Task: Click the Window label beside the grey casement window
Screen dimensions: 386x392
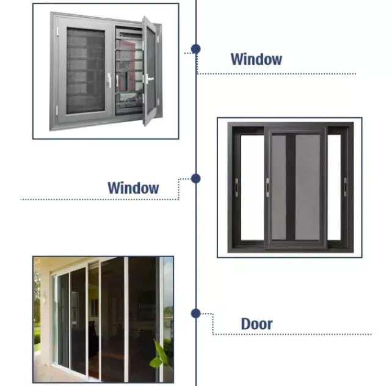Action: pos(256,59)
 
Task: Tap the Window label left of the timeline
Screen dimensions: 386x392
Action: pos(133,188)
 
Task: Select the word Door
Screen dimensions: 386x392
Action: pos(256,324)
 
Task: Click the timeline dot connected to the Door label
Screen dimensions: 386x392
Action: pos(195,313)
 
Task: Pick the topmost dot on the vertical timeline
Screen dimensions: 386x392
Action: pos(195,48)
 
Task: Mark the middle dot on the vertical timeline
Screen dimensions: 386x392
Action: pos(195,178)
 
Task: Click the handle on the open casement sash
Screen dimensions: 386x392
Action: pos(146,78)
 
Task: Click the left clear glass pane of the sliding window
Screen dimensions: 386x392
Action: pos(252,186)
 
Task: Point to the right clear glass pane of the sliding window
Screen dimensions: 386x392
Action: pos(334,186)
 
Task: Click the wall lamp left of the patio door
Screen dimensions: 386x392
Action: pos(43,299)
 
